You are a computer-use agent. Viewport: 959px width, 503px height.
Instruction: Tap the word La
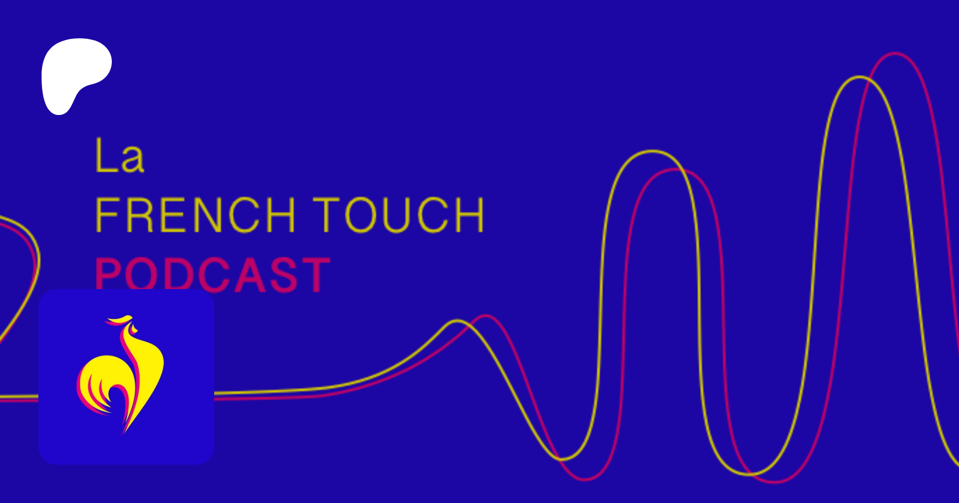[120, 155]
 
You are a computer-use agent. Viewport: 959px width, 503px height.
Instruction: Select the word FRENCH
[196, 215]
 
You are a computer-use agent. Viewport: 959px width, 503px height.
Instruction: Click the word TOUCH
[399, 215]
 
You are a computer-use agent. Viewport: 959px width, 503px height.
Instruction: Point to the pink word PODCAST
[213, 274]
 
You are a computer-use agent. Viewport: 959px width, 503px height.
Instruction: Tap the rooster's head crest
[119, 320]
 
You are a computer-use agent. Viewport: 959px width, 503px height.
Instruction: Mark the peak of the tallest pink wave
[895, 53]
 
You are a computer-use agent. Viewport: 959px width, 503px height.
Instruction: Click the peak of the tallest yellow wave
[859, 77]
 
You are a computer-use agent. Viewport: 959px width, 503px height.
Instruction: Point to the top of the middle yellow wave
[652, 152]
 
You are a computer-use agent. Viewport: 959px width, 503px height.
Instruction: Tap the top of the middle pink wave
[676, 170]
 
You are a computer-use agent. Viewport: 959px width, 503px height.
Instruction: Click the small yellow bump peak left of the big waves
[457, 320]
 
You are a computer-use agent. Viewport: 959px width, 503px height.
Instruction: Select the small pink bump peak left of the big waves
[485, 316]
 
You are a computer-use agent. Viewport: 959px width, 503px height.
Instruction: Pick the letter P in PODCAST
[107, 275]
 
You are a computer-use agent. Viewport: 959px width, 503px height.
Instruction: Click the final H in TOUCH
[470, 215]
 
